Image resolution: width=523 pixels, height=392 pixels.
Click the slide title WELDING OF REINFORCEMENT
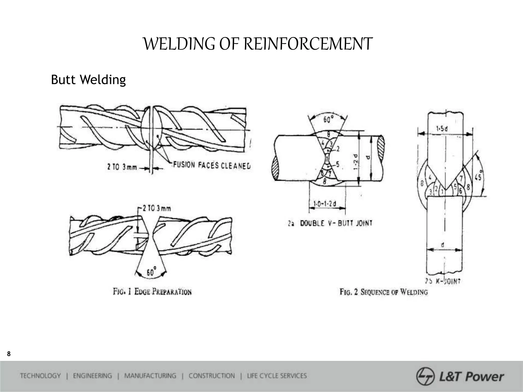257,44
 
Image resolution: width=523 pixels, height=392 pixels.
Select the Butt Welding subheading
88,80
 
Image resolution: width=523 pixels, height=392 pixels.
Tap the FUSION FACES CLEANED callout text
212,165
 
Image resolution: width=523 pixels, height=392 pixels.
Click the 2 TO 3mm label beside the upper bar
122,167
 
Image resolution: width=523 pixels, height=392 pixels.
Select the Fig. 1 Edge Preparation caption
152,291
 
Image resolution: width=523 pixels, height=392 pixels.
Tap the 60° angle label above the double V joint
328,119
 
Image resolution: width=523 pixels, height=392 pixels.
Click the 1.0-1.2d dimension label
325,204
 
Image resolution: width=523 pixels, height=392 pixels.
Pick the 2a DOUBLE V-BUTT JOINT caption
330,223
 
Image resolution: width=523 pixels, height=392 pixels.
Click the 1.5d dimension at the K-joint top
442,129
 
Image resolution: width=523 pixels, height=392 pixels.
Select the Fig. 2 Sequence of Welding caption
384,292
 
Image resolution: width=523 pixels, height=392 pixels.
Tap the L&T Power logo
460,376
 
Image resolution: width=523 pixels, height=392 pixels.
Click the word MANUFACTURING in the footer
150,376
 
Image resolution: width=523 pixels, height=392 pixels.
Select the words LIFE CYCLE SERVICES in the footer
277,376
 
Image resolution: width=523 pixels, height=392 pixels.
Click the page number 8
9,354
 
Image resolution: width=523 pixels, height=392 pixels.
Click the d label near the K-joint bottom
443,245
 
